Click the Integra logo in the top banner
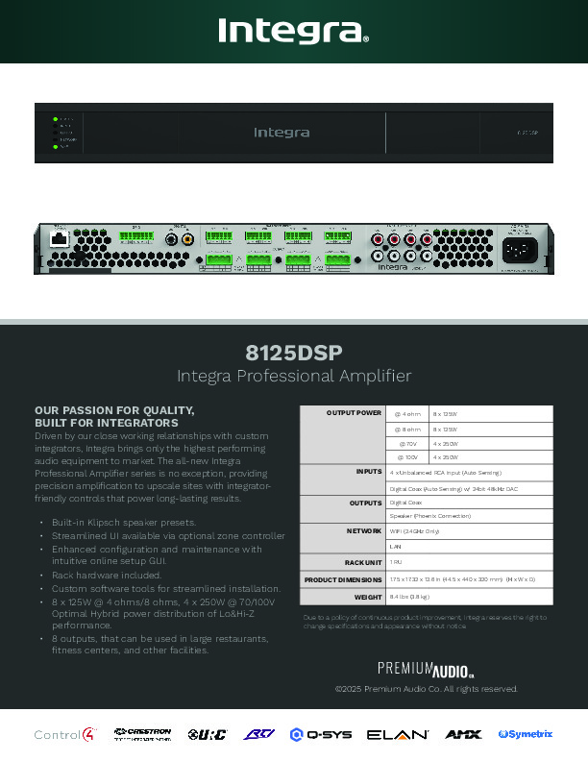coord(293,33)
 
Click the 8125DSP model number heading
coord(294,351)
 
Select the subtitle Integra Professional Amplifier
coord(294,376)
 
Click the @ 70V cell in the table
coord(407,444)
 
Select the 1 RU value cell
coord(396,562)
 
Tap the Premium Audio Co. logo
coord(425,669)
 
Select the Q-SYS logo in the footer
coord(321,735)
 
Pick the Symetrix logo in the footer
coord(526,735)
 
